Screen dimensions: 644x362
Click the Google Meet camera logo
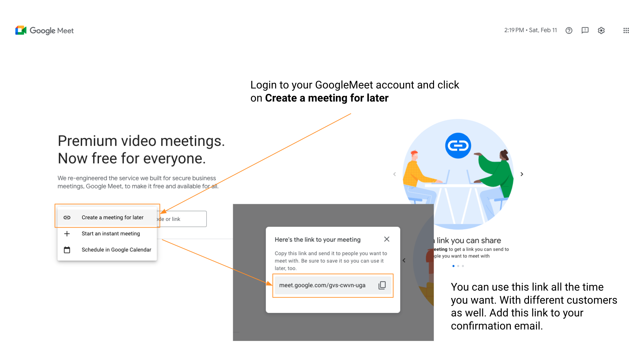point(21,31)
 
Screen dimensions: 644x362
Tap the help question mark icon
point(569,31)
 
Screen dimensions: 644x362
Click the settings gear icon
point(601,31)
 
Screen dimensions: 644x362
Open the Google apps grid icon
point(626,31)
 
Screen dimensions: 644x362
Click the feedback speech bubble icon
point(585,31)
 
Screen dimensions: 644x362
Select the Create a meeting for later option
point(112,218)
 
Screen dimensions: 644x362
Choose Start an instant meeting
point(111,234)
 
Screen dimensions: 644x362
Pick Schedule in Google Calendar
point(116,250)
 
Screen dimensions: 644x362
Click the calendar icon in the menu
point(67,250)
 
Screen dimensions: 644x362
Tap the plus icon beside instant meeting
point(67,234)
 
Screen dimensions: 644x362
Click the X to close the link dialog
point(387,239)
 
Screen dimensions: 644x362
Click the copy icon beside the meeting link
point(382,285)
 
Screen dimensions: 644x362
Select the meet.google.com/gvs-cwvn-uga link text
point(322,285)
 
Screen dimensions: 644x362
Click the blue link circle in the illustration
point(458,145)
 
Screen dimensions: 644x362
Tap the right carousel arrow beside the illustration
point(522,174)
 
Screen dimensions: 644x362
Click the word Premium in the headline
point(87,141)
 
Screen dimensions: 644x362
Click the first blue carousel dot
point(453,266)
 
